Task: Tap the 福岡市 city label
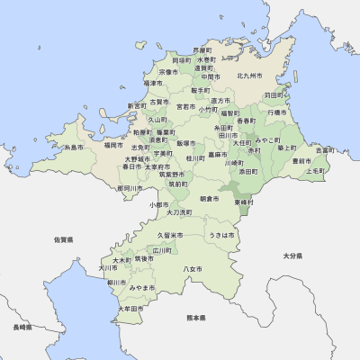point(113,144)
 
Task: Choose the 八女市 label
point(192,269)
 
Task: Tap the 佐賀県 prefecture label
point(63,240)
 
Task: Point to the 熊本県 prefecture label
point(196,318)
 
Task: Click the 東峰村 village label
point(245,202)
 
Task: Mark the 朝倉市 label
point(209,198)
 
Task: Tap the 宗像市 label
point(168,70)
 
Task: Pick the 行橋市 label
point(276,112)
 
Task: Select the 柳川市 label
point(117,282)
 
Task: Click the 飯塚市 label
point(186,142)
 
